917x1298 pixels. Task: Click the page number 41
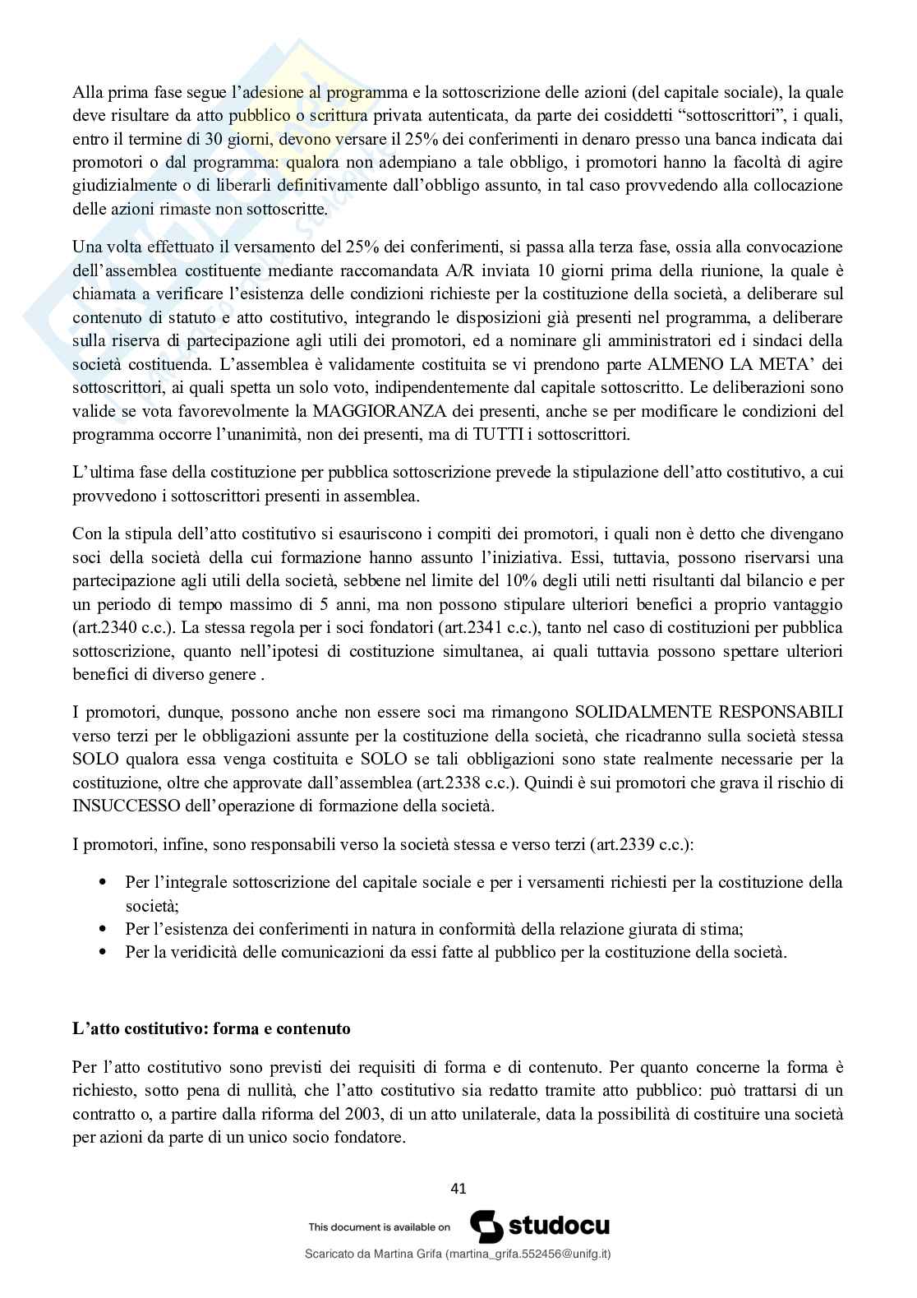(x=458, y=1188)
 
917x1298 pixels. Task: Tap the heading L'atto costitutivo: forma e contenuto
(x=211, y=1028)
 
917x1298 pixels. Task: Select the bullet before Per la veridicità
(x=103, y=953)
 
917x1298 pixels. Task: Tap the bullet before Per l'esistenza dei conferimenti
(x=103, y=930)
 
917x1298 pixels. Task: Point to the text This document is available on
(x=379, y=1226)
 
